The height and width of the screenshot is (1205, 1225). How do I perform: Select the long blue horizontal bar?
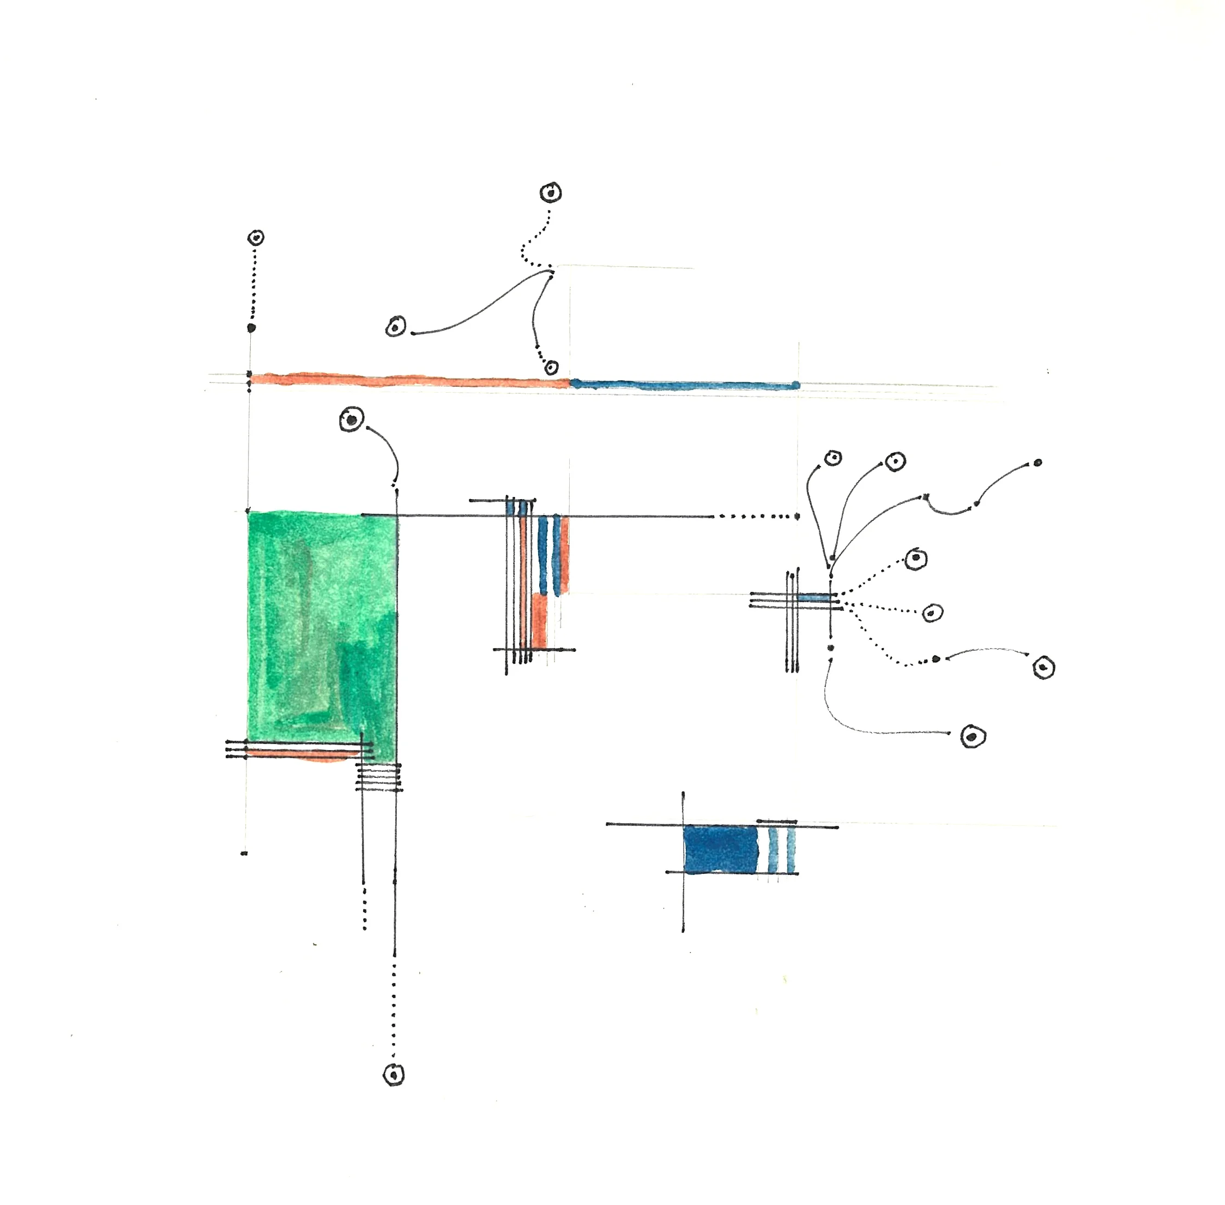(x=683, y=385)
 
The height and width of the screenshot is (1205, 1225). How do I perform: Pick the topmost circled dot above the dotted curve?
(x=550, y=193)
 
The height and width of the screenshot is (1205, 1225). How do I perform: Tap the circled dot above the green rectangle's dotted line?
(x=256, y=238)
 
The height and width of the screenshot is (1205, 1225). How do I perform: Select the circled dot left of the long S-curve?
(x=396, y=327)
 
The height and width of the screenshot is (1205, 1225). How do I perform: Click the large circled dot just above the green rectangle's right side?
(x=352, y=419)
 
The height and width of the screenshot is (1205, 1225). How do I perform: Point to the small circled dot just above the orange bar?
(x=552, y=367)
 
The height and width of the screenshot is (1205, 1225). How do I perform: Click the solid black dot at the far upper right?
(x=1038, y=463)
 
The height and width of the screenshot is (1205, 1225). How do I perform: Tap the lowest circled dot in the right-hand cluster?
(x=973, y=736)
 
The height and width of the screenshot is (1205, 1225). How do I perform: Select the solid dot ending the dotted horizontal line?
(x=797, y=517)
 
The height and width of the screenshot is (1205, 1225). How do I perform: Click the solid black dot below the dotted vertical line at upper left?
(x=251, y=328)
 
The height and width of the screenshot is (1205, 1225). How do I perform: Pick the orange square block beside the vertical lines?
(x=539, y=620)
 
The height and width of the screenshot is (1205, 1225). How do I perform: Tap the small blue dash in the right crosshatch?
(x=814, y=597)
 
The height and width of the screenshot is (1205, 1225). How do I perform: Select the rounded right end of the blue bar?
(x=795, y=385)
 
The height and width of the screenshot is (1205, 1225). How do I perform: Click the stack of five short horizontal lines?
(x=378, y=777)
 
